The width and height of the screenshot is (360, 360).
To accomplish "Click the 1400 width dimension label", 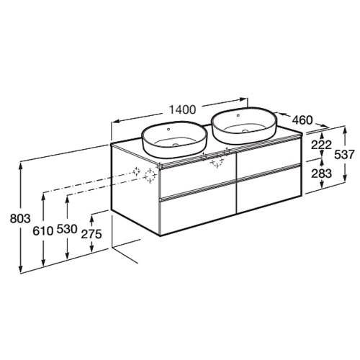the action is tap(183, 109).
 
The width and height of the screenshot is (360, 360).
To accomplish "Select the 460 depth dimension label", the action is tap(302, 120).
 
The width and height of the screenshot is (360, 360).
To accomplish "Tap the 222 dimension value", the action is tap(321, 145).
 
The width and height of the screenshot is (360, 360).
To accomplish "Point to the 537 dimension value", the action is tap(344, 155).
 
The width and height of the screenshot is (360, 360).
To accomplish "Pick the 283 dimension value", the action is tap(321, 174).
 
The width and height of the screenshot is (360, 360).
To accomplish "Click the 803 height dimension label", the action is tap(20, 219).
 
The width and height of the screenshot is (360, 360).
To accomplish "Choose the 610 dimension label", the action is tap(43, 231).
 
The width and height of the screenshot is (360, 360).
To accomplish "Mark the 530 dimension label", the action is tap(67, 229).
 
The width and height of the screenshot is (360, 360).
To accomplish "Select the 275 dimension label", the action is tap(91, 234).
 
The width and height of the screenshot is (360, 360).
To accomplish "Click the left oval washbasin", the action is tap(174, 140).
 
